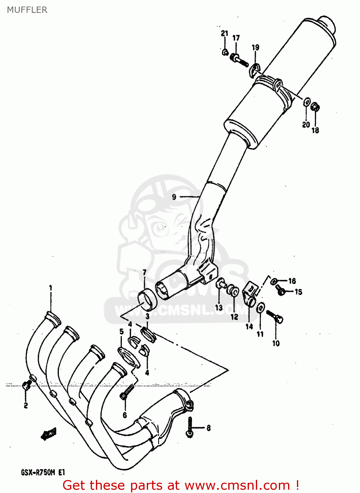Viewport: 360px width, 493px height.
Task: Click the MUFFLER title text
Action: click(27, 10)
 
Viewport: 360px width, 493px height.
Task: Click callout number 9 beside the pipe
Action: click(174, 197)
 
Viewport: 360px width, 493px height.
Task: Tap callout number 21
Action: click(224, 33)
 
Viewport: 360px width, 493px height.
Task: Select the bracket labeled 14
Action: click(250, 294)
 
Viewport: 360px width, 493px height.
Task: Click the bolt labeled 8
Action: click(190, 427)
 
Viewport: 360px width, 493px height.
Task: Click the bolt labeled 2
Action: click(27, 385)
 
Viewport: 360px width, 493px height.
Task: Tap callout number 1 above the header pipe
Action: click(51, 288)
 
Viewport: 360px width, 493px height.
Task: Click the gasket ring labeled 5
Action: click(128, 357)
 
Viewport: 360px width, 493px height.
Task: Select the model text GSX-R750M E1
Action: click(43, 473)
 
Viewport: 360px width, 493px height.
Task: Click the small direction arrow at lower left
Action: click(48, 434)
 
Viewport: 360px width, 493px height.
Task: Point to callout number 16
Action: click(292, 281)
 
